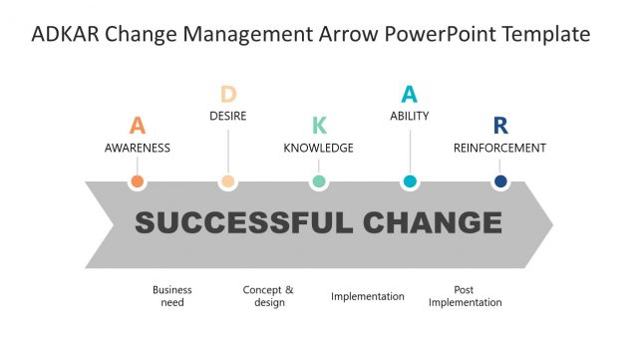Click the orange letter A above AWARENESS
tap(138, 126)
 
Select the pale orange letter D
tap(228, 95)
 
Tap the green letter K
tap(319, 126)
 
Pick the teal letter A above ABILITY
tap(409, 95)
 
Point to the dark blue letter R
tap(500, 126)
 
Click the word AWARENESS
tap(138, 148)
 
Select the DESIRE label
tap(228, 116)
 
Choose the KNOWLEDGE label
tap(319, 148)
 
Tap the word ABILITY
tap(410, 116)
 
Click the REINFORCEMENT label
tap(499, 148)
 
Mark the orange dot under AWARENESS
tap(138, 181)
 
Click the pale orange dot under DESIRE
tap(228, 181)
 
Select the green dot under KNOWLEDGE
tap(319, 181)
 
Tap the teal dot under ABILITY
tap(410, 181)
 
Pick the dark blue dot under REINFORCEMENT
tap(500, 181)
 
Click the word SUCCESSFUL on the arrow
tap(243, 222)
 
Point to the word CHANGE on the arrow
tap(433, 222)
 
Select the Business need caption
tap(172, 296)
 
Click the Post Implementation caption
tap(465, 296)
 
